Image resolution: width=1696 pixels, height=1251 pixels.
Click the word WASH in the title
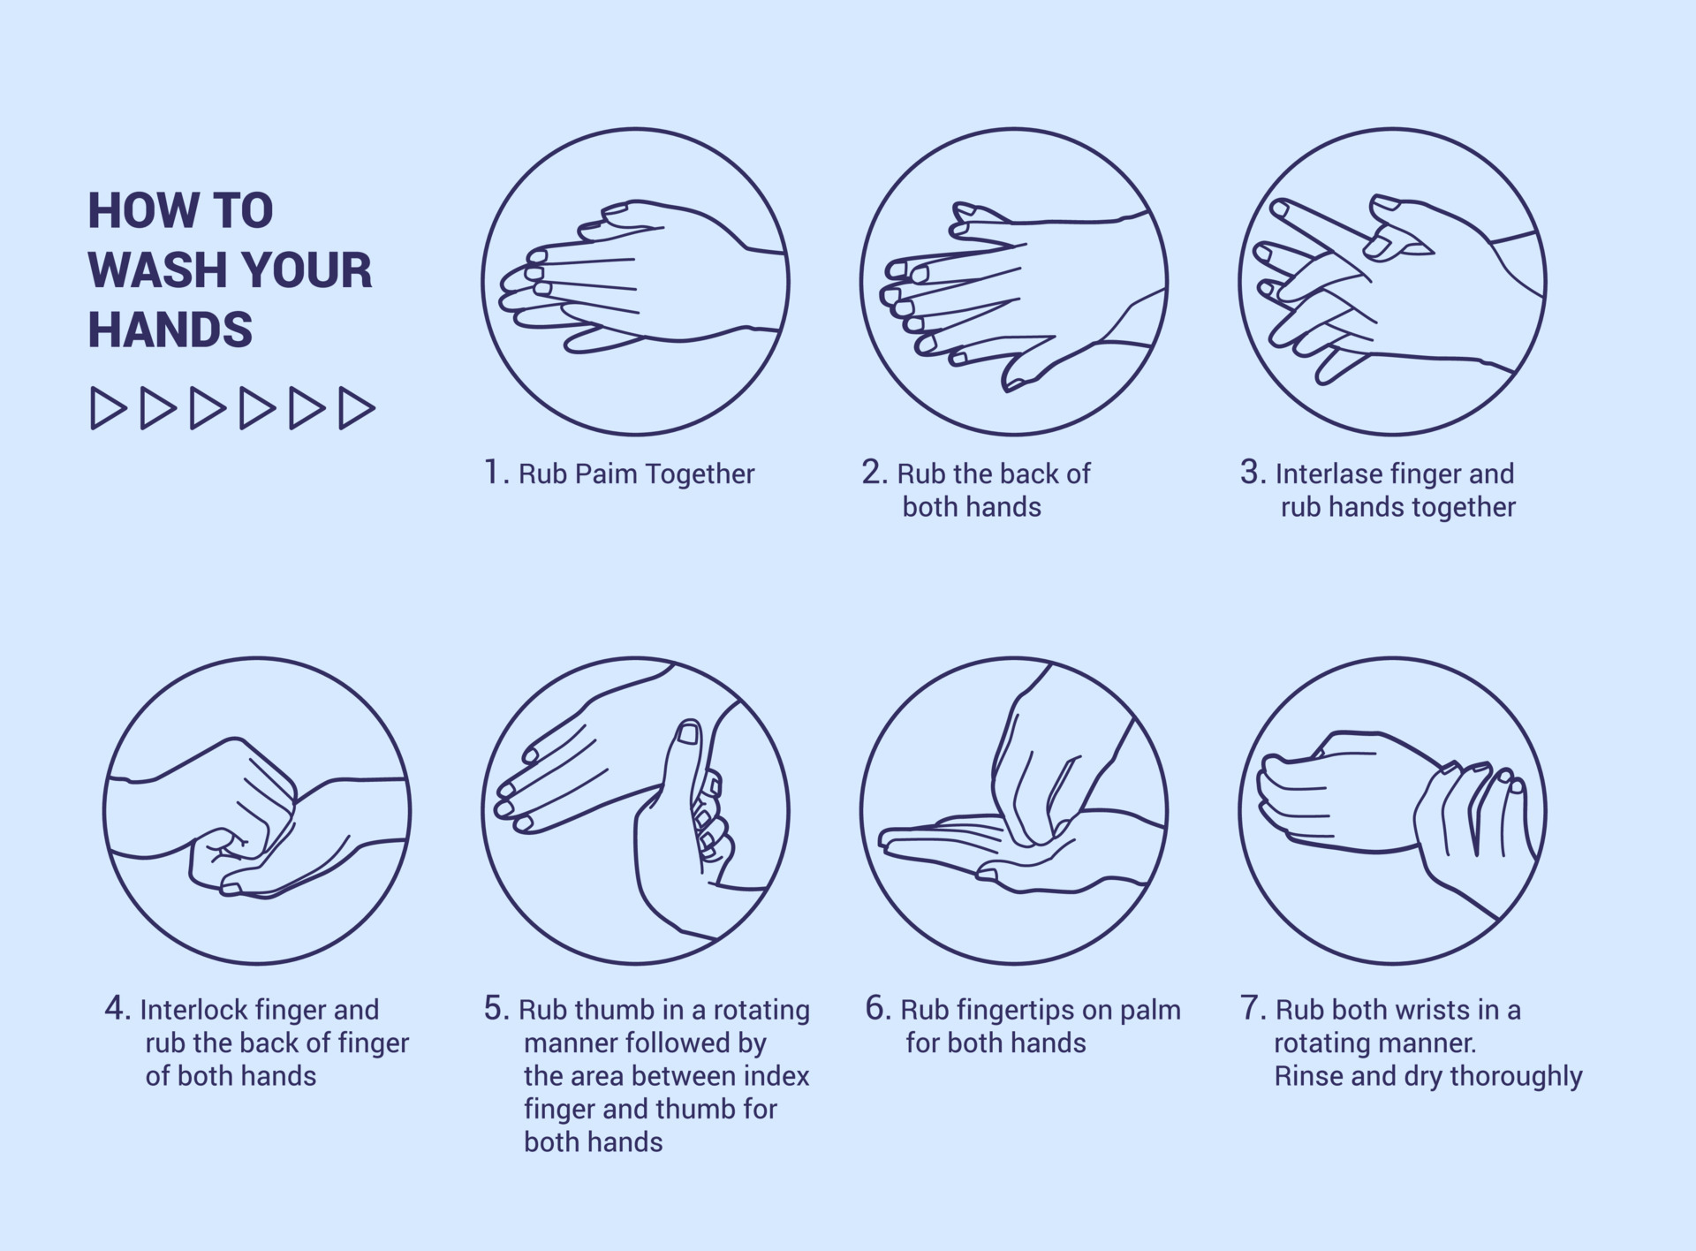click(151, 269)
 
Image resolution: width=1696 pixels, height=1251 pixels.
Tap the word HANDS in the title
click(170, 330)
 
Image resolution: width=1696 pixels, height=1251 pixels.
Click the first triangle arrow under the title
click(107, 408)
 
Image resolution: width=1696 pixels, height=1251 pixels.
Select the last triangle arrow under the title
click(356, 408)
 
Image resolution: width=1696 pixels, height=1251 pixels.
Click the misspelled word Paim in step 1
click(605, 474)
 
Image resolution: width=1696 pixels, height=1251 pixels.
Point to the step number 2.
click(873, 472)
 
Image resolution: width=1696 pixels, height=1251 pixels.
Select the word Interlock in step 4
click(193, 1010)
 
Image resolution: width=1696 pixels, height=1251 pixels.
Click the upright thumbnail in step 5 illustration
click(687, 734)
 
